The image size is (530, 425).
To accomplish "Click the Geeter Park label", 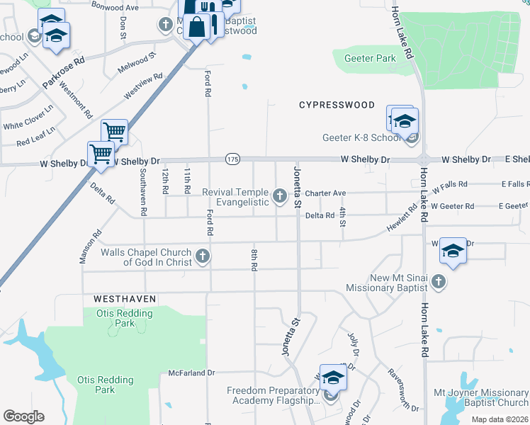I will click(369, 58).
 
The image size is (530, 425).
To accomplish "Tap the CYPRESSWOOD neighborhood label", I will click(337, 105).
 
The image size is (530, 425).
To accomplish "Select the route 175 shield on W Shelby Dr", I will click(232, 159).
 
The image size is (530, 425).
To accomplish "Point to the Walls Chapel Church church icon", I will click(203, 256).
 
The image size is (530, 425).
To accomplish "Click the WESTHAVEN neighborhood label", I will click(125, 300).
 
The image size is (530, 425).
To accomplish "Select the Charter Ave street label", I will click(325, 193).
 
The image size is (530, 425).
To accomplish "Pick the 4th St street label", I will click(342, 217).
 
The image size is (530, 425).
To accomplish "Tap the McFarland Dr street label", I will click(191, 373).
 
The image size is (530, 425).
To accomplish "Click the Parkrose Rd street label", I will click(63, 72).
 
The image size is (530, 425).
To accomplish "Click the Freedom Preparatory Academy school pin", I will click(333, 380).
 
